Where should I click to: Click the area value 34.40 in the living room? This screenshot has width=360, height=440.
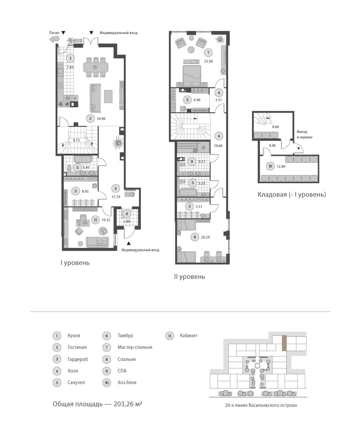point(101,119)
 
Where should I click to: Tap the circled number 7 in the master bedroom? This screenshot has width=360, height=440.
point(208,53)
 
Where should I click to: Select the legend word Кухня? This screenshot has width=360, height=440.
point(74,335)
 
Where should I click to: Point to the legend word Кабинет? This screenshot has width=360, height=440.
point(189,335)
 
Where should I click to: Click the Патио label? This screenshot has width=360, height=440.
point(54,33)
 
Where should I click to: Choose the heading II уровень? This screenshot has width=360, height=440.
point(190,277)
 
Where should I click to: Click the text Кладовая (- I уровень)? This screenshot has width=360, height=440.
point(292,195)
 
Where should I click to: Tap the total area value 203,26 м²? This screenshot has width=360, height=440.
point(128,404)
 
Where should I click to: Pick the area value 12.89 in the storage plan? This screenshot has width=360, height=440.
point(281,167)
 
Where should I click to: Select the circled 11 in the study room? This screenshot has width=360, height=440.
point(95,220)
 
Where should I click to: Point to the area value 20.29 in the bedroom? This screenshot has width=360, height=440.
point(205,237)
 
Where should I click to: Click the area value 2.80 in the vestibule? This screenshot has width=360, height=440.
point(127,221)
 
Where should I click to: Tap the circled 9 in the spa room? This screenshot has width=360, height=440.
point(192,162)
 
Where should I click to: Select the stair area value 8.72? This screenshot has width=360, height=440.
point(76,140)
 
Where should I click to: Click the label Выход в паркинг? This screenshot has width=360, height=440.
point(305,134)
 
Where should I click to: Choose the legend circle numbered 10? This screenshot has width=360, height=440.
point(107,383)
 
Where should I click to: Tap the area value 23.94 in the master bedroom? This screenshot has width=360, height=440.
point(208,61)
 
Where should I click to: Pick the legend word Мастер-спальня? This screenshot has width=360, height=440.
point(135,347)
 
